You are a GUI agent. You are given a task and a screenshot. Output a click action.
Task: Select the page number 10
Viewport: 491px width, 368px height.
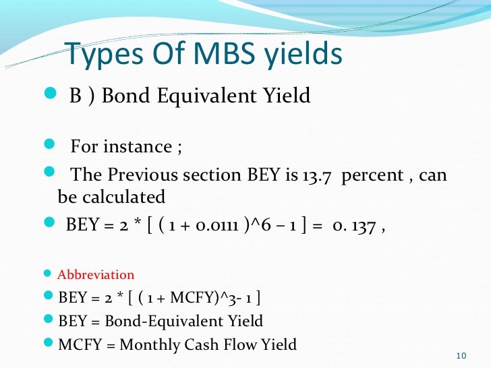pos(461,355)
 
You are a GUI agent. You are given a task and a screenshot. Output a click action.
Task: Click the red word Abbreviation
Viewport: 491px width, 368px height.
pos(96,275)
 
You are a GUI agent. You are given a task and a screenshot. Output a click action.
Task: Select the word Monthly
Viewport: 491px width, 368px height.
pos(150,344)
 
